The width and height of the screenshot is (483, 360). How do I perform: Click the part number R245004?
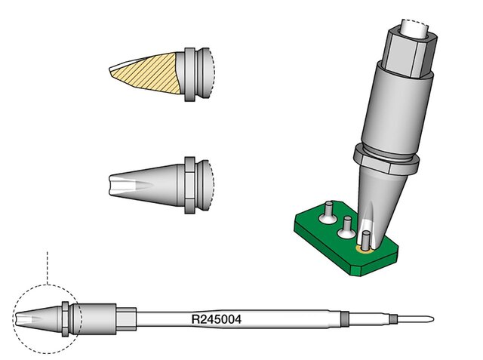pos(217,319)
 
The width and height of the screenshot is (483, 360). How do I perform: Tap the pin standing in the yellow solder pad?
pos(366,241)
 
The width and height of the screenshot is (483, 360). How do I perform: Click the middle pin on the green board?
pos(347,226)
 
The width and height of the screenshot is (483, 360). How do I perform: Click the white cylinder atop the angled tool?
pos(414,29)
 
